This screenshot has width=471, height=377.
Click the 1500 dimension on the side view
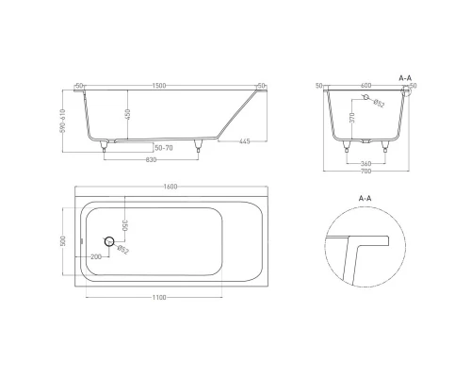[x=160, y=86]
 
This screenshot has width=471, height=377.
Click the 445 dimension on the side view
[x=243, y=141]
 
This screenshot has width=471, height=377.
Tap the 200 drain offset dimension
[x=96, y=255]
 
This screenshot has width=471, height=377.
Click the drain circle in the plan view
[x=110, y=242]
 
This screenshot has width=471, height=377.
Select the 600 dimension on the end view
[x=366, y=86]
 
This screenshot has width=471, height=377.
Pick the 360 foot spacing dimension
[x=366, y=162]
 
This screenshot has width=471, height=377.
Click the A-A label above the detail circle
[x=365, y=199]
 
